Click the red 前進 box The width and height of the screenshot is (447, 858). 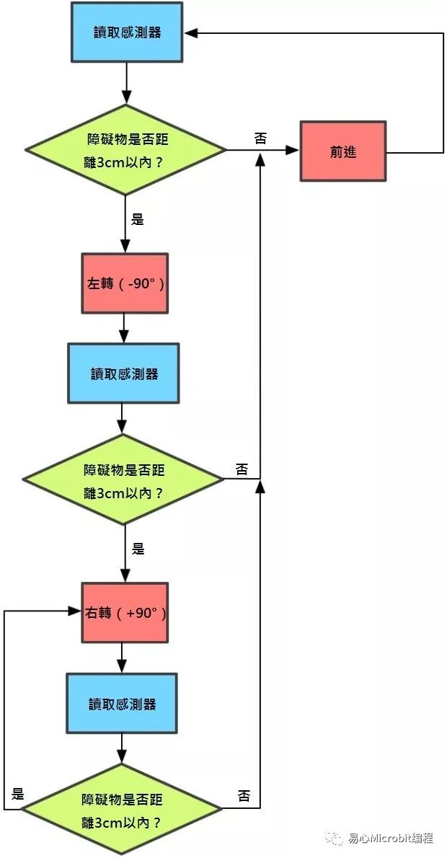click(343, 151)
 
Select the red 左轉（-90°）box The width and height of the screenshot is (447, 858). click(125, 283)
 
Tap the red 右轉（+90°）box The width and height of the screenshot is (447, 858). click(125, 613)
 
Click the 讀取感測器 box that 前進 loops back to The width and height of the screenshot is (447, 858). click(127, 32)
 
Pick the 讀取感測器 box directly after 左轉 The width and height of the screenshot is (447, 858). click(123, 373)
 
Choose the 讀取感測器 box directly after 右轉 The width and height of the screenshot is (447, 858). click(122, 704)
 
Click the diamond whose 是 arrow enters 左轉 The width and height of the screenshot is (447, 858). click(126, 149)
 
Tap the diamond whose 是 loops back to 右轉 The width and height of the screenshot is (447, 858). click(121, 810)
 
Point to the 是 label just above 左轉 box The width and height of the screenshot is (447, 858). click(138, 219)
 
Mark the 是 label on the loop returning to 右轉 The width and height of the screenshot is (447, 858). click(19, 794)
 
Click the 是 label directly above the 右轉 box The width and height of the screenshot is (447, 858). click(138, 549)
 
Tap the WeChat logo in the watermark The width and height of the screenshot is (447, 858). click(335, 839)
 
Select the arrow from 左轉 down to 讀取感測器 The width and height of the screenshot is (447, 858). click(124, 328)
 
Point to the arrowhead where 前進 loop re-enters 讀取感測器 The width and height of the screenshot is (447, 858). click(189, 32)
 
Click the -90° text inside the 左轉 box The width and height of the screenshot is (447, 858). click(141, 283)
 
